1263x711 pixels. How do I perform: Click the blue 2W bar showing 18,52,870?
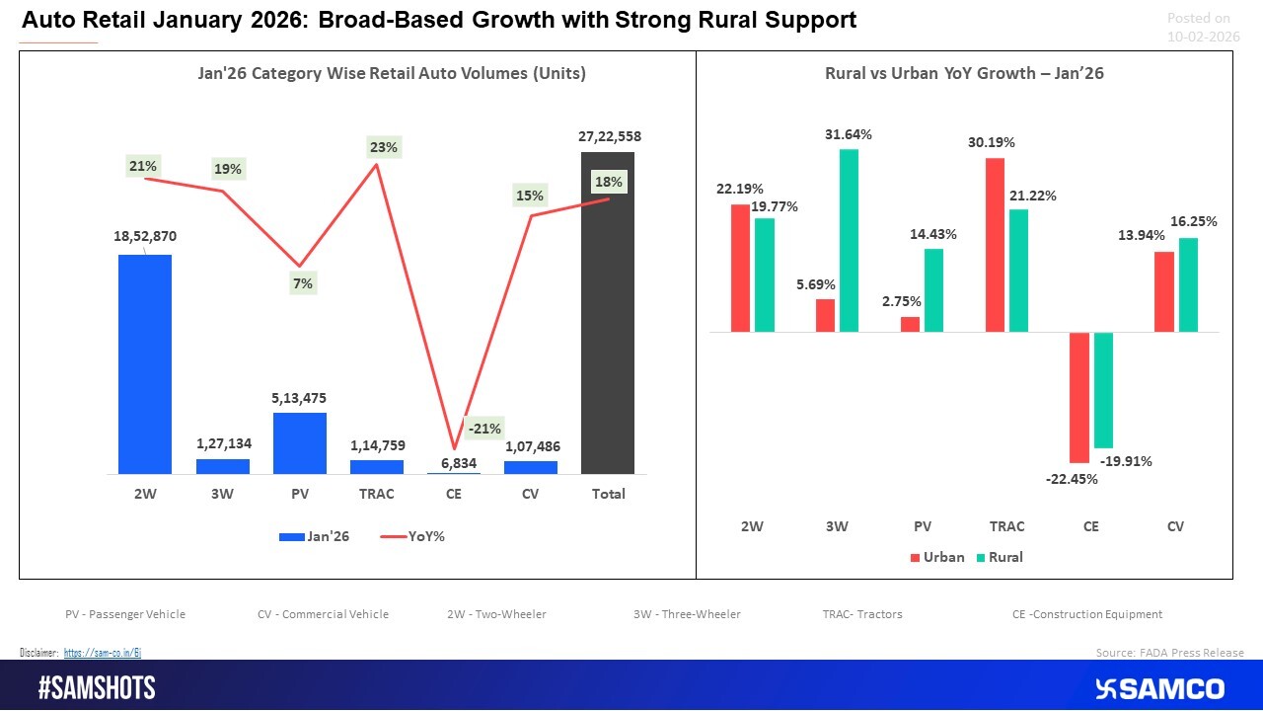pyautogui.click(x=145, y=364)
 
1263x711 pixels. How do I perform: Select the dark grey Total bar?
pyautogui.click(x=608, y=313)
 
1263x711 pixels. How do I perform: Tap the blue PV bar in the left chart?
pyautogui.click(x=300, y=443)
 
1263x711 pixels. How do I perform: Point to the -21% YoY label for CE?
pyautogui.click(x=484, y=429)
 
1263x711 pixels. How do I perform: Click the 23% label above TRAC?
pyautogui.click(x=384, y=147)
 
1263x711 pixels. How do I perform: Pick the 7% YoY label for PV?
pyautogui.click(x=302, y=283)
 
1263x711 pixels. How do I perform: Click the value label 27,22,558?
pyautogui.click(x=609, y=136)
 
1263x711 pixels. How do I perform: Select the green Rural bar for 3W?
pyautogui.click(x=849, y=240)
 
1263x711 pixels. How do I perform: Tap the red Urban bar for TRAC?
pyautogui.click(x=995, y=245)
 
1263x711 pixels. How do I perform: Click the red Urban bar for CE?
pyautogui.click(x=1078, y=397)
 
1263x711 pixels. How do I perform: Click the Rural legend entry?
pyautogui.click(x=999, y=557)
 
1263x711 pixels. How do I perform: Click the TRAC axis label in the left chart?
pyautogui.click(x=377, y=494)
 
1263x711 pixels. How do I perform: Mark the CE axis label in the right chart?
pyautogui.click(x=1090, y=526)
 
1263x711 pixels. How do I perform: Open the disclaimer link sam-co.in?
pyautogui.click(x=103, y=653)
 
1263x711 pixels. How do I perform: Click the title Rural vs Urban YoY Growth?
pyautogui.click(x=964, y=73)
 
